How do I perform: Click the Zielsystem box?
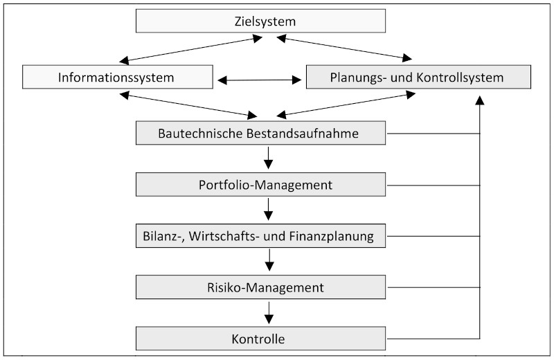[x=261, y=21]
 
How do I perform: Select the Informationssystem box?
[x=117, y=77]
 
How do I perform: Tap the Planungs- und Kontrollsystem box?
[x=418, y=77]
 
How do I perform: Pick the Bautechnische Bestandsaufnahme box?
[x=261, y=134]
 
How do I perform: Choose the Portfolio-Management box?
[x=261, y=185]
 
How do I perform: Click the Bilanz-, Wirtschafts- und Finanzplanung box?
[x=261, y=236]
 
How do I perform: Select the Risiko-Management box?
[x=261, y=286]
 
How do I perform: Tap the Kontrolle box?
[x=261, y=339]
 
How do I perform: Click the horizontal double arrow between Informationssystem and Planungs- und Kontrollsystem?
[x=260, y=80]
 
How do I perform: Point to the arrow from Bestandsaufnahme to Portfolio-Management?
[x=269, y=159]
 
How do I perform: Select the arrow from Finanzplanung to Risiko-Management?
[x=269, y=261]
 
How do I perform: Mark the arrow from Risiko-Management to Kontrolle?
[x=269, y=312]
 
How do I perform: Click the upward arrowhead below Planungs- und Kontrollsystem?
[x=480, y=99]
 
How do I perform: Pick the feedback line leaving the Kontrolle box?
[x=433, y=339]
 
